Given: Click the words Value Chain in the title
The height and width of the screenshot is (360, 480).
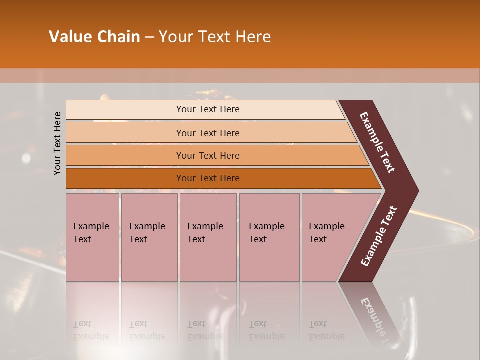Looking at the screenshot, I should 94,37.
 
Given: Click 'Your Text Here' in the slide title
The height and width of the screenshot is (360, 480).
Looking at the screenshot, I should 215,37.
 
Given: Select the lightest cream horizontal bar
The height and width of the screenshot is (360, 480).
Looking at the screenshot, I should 125,110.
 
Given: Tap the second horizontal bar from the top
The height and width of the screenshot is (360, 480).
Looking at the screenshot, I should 125,133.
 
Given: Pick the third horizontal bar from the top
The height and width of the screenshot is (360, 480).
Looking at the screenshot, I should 125,155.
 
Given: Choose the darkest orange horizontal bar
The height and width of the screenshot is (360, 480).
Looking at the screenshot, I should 125,178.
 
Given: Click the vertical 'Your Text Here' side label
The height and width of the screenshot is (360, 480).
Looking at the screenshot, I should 57,143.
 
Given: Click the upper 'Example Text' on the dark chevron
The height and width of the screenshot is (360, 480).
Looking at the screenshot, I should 378,143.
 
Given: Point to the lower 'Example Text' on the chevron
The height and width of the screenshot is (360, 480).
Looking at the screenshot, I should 379,236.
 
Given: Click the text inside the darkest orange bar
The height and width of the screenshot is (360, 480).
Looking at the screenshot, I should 208,178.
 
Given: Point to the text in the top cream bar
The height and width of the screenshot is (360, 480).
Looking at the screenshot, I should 208,109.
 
